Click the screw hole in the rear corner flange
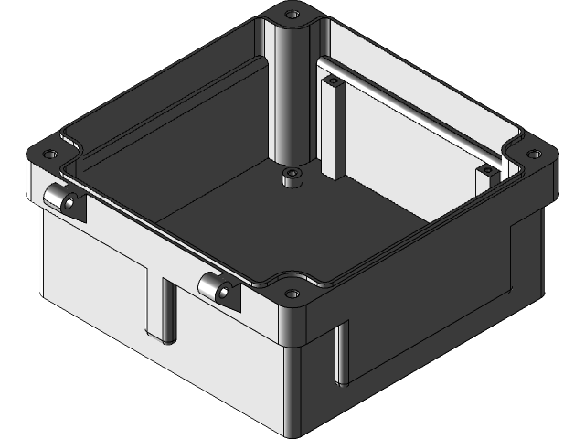click(x=292, y=16)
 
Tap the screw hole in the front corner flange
click(x=292, y=294)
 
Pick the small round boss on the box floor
click(x=292, y=177)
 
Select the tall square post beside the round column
click(x=333, y=128)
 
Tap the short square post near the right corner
click(x=486, y=179)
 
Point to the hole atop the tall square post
click(x=333, y=81)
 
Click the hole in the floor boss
click(x=292, y=173)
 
